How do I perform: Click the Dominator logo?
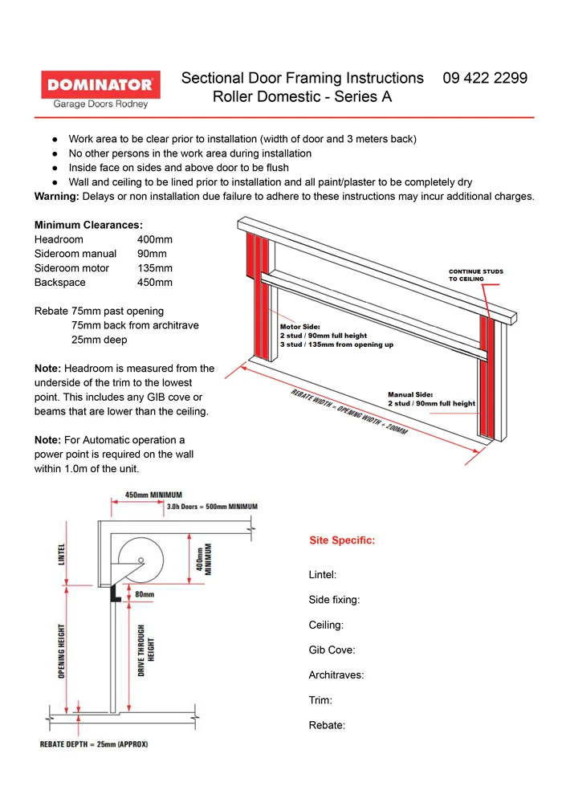click(100, 89)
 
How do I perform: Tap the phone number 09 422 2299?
click(485, 78)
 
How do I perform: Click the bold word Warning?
click(59, 197)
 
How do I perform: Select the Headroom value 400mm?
click(154, 240)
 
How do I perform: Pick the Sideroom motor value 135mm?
click(154, 268)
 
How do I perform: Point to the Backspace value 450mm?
click(154, 283)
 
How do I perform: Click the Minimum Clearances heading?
click(88, 226)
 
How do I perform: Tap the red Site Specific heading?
click(342, 540)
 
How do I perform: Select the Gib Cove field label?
click(332, 650)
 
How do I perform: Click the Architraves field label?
click(336, 675)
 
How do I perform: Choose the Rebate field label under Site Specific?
click(327, 725)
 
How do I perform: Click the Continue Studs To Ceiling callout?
click(475, 275)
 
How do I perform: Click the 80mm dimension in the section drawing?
click(145, 595)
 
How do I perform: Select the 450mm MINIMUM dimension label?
click(155, 495)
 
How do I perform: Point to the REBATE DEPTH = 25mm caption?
click(94, 744)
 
